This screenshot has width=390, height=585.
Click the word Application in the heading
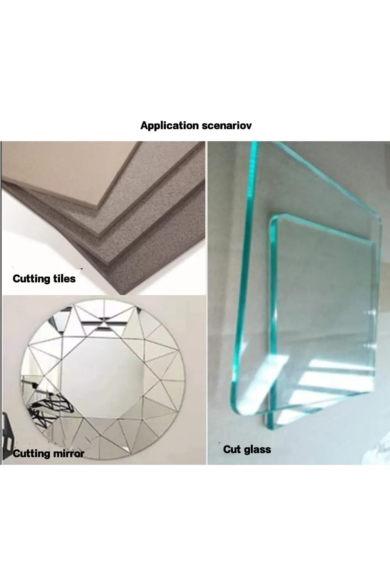(x=170, y=126)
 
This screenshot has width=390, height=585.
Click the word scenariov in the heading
(x=227, y=126)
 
